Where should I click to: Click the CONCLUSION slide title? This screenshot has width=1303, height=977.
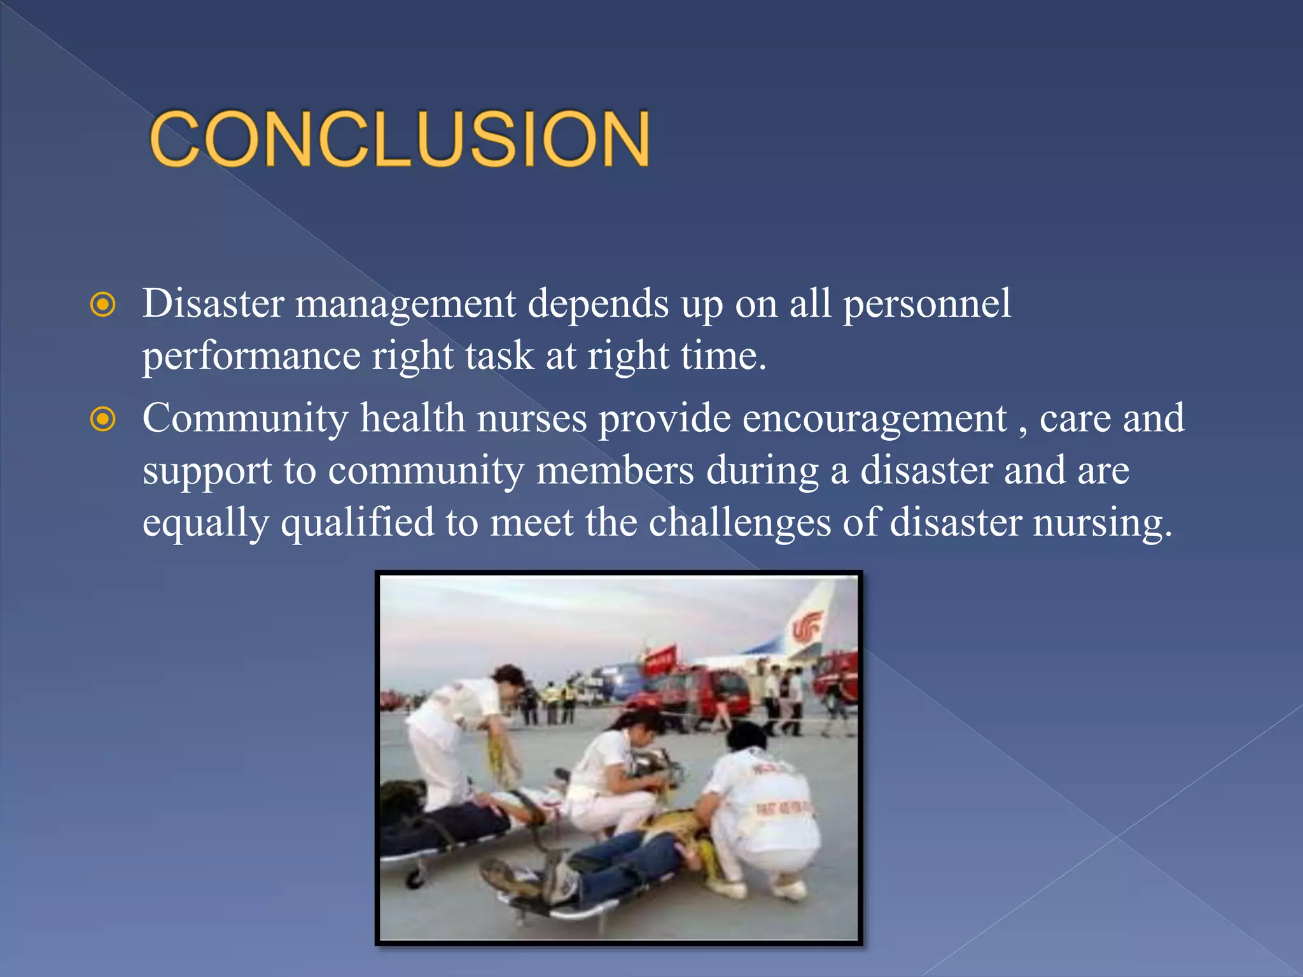click(x=400, y=139)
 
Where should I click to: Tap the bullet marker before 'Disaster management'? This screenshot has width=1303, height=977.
click(x=103, y=305)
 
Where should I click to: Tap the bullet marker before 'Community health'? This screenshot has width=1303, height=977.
click(x=103, y=420)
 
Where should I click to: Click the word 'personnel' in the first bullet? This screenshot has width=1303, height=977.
click(x=926, y=304)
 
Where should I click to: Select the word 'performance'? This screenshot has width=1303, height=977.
click(x=251, y=356)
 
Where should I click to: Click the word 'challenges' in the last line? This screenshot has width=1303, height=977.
click(x=739, y=523)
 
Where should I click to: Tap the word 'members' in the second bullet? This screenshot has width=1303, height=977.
click(x=615, y=471)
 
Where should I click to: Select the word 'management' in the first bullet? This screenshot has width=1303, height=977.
click(x=405, y=304)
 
